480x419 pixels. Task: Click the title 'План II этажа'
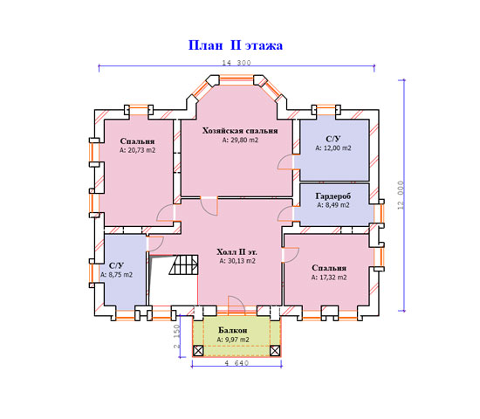point(235,45)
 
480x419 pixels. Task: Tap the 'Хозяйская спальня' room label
point(240,131)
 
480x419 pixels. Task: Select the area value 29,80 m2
point(240,141)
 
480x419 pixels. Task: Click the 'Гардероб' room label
point(333,196)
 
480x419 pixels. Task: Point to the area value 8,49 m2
point(333,205)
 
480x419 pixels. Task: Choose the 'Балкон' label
point(233,330)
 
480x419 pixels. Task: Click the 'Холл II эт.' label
point(237,252)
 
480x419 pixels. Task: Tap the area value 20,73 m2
point(137,150)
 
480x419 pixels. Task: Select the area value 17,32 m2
point(329,278)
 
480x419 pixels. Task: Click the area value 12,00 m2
point(333,148)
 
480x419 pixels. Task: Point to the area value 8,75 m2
point(117,275)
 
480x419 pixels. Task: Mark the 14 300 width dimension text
point(237,63)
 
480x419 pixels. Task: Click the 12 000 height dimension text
point(401,196)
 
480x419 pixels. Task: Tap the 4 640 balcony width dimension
point(237,363)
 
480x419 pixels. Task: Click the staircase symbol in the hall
point(183,264)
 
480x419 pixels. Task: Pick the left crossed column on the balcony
point(198,351)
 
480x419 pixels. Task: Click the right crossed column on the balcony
point(275,351)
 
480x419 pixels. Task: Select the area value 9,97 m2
point(233,340)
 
